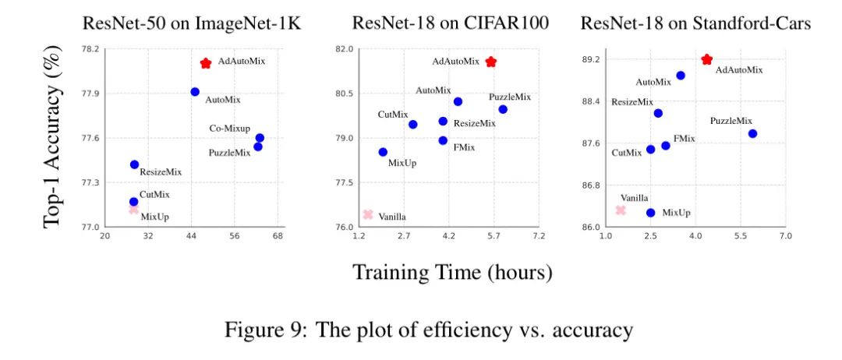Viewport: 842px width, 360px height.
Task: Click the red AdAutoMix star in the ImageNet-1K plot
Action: tap(206, 63)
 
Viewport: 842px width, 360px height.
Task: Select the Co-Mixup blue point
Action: tap(260, 138)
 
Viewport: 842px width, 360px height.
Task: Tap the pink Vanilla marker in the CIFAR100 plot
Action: tap(368, 214)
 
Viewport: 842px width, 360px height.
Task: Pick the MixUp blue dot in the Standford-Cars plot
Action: tap(650, 212)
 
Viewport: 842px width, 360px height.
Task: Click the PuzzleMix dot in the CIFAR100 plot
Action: tap(503, 109)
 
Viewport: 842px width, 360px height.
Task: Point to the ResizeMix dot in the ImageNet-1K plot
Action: tap(134, 164)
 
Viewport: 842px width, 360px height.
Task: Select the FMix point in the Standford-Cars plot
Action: tap(665, 146)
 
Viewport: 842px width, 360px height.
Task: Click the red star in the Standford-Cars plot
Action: tap(706, 59)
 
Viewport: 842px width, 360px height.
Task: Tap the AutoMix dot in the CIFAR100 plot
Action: tap(458, 101)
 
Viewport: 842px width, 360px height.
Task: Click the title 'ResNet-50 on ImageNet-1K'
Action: tap(192, 23)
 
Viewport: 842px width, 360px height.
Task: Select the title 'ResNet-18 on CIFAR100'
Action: tap(451, 23)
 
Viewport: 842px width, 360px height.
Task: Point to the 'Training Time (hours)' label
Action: tap(452, 273)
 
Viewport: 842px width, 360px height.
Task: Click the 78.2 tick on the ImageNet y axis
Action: tap(90, 49)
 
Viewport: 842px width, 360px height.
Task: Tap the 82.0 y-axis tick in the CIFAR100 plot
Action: tap(344, 49)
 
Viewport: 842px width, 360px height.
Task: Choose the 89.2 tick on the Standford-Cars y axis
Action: tap(590, 59)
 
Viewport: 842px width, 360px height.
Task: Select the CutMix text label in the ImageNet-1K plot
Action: tap(154, 194)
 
